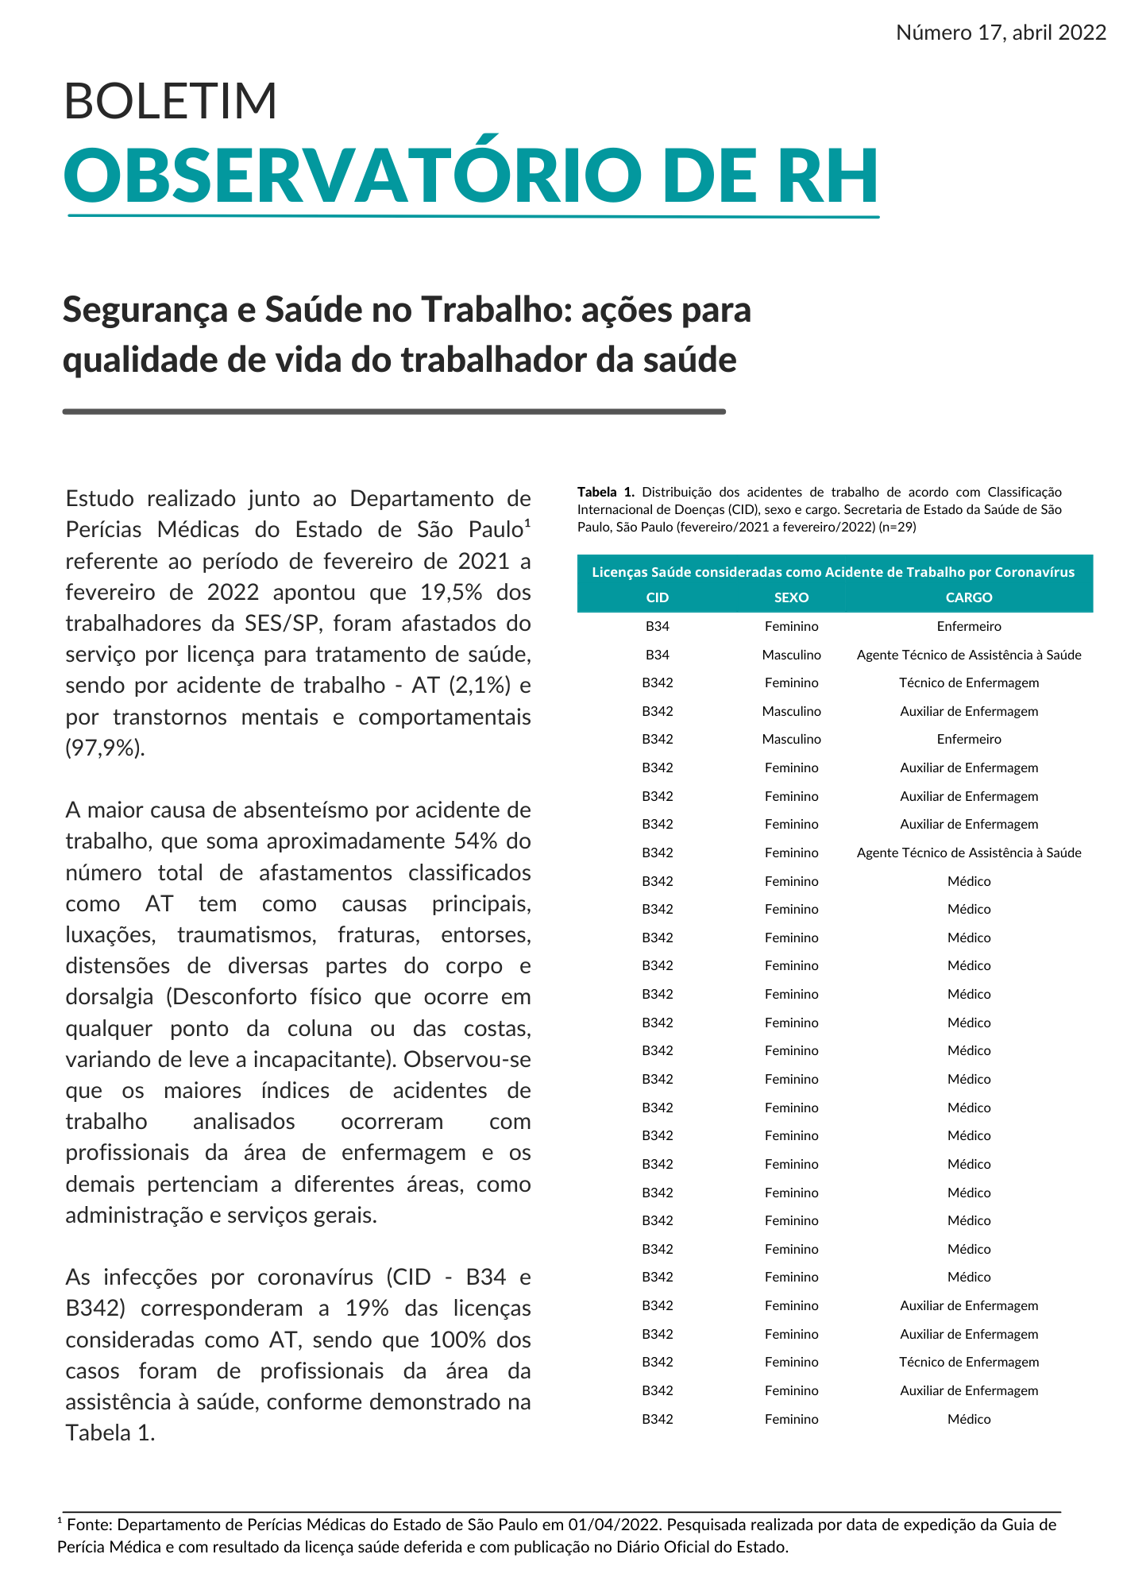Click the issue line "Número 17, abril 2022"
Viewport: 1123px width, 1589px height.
(1001, 33)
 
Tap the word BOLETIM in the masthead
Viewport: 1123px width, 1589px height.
(170, 102)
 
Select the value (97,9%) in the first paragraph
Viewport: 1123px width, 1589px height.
(105, 748)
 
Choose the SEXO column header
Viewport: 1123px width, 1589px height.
(791, 597)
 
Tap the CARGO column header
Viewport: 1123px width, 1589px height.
(969, 597)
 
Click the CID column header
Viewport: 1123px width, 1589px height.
(658, 597)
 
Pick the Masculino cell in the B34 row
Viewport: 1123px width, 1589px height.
(791, 655)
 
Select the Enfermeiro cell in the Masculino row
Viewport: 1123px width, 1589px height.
(969, 739)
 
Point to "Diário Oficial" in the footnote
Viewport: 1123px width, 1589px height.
(653, 1547)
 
